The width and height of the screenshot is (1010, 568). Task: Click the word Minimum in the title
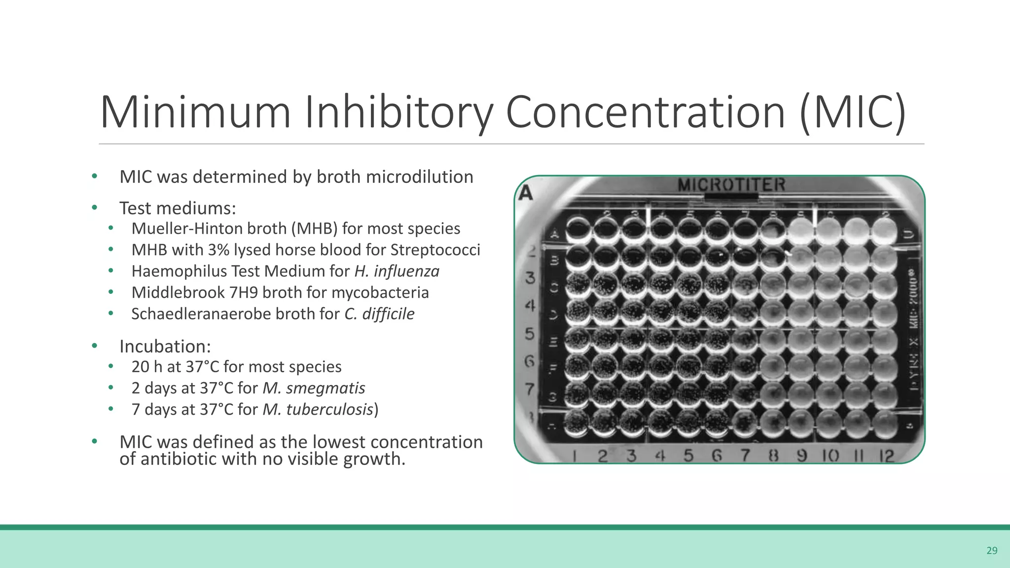pyautogui.click(x=195, y=112)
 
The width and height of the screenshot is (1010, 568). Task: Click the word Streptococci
pyautogui.click(x=435, y=250)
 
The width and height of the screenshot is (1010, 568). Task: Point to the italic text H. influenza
pyautogui.click(x=397, y=271)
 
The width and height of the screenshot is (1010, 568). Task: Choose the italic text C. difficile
pyautogui.click(x=379, y=314)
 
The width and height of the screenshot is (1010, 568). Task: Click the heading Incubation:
pyautogui.click(x=165, y=346)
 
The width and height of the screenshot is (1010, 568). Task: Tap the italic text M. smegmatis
pyautogui.click(x=314, y=388)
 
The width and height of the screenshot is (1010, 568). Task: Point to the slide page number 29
pyautogui.click(x=992, y=551)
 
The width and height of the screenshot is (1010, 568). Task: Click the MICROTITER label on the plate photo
pyautogui.click(x=731, y=185)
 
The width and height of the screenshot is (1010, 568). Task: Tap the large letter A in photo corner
pyautogui.click(x=526, y=193)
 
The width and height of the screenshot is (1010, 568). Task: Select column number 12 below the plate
pyautogui.click(x=886, y=456)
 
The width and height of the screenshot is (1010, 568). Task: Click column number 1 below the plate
pyautogui.click(x=575, y=456)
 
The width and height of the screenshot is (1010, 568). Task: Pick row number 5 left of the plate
pyautogui.click(x=529, y=334)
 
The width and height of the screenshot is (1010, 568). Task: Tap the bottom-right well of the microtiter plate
pyautogui.click(x=885, y=422)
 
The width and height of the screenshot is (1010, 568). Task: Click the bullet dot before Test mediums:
pyautogui.click(x=94, y=208)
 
